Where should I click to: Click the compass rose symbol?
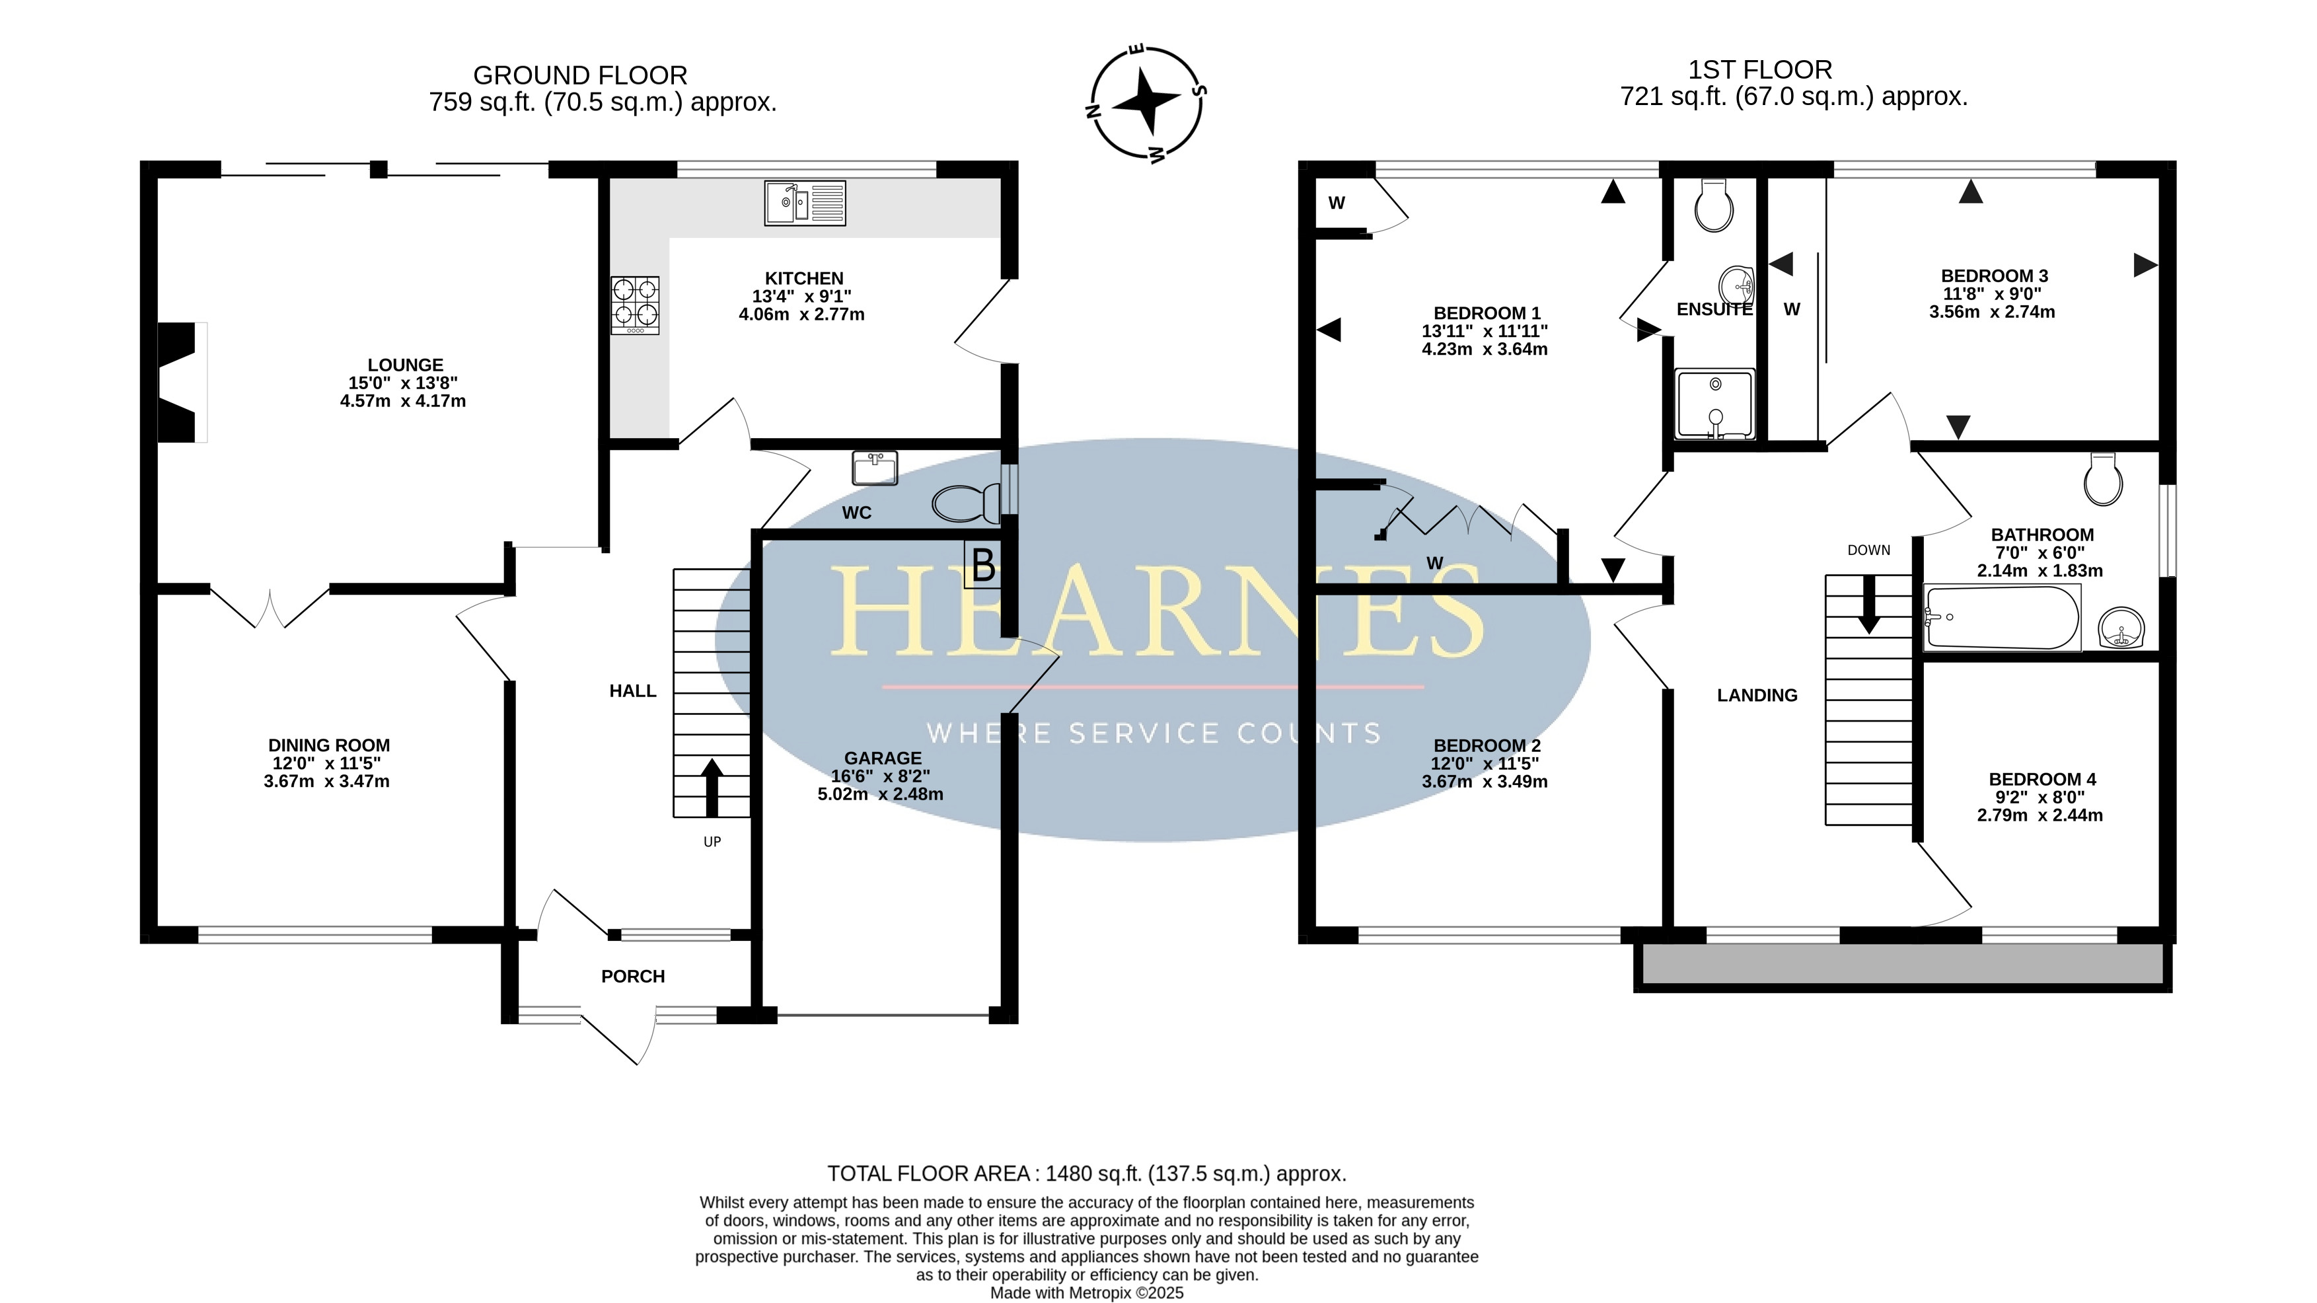click(x=1147, y=102)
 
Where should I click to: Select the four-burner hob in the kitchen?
click(x=635, y=305)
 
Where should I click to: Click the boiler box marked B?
click(x=982, y=564)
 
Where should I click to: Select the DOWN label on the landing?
click(x=1869, y=550)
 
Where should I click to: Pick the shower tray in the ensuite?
click(x=1715, y=404)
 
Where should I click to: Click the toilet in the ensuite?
click(x=1713, y=205)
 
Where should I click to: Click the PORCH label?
click(x=633, y=977)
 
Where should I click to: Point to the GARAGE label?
click(x=883, y=759)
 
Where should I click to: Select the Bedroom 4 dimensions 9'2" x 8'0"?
click(x=2040, y=798)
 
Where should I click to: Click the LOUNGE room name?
click(x=406, y=365)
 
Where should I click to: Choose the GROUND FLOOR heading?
click(x=580, y=75)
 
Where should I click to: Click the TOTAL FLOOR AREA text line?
click(x=1087, y=1173)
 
